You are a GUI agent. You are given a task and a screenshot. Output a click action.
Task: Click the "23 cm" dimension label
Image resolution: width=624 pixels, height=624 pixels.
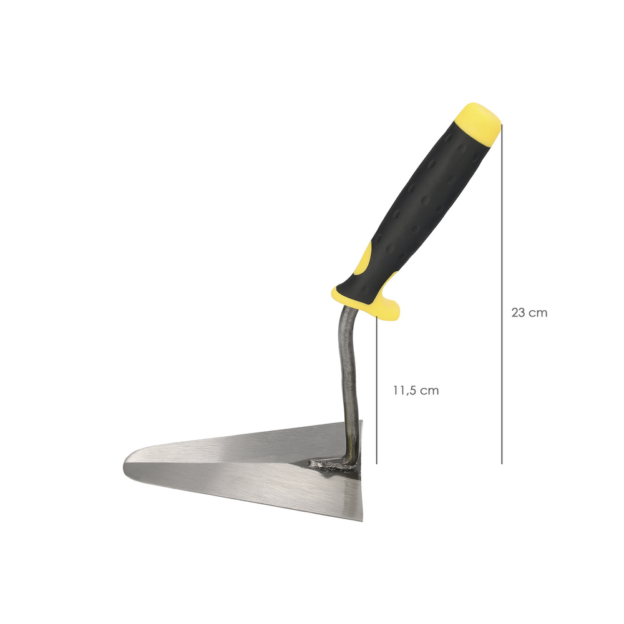(x=529, y=313)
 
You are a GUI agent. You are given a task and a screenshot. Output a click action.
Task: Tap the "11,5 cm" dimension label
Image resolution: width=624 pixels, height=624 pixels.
(x=416, y=391)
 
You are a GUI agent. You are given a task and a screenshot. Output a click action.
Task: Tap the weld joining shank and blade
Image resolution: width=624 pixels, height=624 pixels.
(x=330, y=466)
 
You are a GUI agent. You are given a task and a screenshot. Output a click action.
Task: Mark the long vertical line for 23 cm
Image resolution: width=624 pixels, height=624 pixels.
(x=502, y=294)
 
